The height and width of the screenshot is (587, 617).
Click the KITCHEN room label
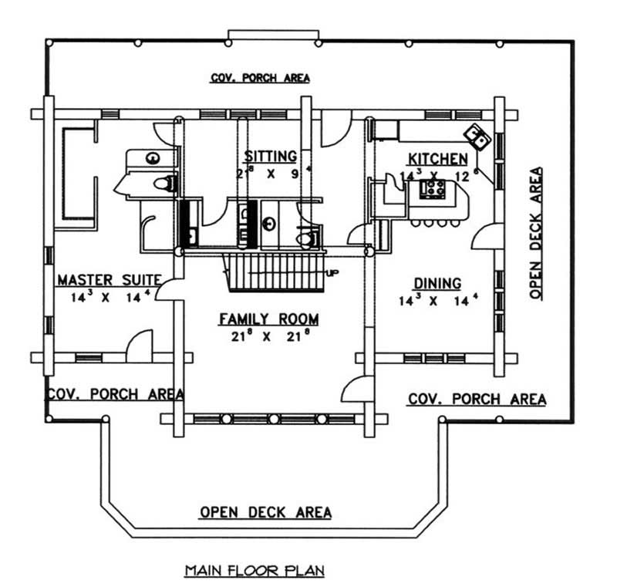tap(437, 159)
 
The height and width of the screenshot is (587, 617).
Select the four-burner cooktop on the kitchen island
tap(433, 189)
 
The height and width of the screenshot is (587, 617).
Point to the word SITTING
tap(271, 157)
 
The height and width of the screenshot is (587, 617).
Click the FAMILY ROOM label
tap(268, 319)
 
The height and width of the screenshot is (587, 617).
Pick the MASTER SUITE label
tap(109, 279)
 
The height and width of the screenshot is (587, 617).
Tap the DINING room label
tap(437, 283)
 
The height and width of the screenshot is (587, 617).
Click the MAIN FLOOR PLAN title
tap(255, 571)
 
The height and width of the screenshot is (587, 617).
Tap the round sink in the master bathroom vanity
tap(153, 159)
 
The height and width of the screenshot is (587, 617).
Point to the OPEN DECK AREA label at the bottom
tap(266, 511)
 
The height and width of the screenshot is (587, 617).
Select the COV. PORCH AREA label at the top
tap(260, 77)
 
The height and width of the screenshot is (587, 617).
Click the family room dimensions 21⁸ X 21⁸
tap(268, 336)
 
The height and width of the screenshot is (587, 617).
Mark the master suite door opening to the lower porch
tap(139, 346)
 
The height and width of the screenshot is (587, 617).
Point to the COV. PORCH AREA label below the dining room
tap(477, 399)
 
